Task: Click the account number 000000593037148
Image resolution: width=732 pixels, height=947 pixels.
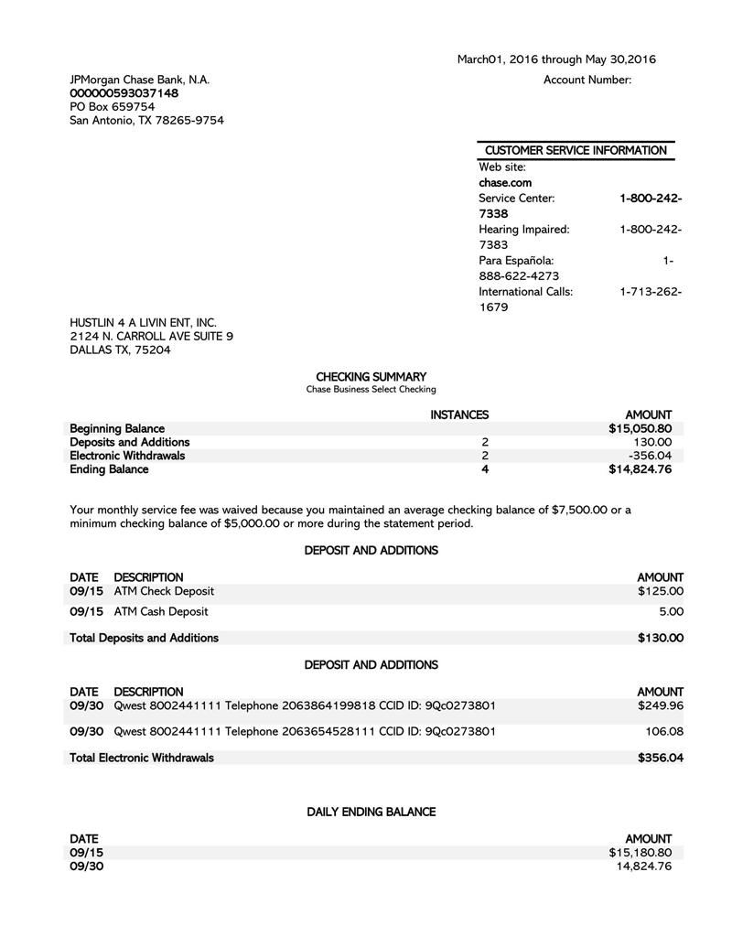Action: pyautogui.click(x=124, y=93)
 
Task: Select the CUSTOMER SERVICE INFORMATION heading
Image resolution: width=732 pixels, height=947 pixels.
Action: pyautogui.click(x=576, y=150)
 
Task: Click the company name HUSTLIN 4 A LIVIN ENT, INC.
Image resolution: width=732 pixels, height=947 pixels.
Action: pyautogui.click(x=143, y=322)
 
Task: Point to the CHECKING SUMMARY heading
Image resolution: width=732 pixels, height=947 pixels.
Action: pyautogui.click(x=371, y=377)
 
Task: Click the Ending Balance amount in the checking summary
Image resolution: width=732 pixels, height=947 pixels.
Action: pyautogui.click(x=640, y=469)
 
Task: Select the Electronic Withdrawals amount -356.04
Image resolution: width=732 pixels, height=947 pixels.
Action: pyautogui.click(x=650, y=456)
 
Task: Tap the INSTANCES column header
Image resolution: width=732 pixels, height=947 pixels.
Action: pyautogui.click(x=459, y=414)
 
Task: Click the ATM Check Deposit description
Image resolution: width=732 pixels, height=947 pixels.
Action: pyautogui.click(x=164, y=591)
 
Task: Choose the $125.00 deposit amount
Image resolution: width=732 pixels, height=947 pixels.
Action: pyautogui.click(x=660, y=591)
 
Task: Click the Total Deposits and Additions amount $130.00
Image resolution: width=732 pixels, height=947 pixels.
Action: pyautogui.click(x=660, y=638)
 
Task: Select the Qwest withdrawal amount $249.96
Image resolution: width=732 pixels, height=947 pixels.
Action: pyautogui.click(x=660, y=705)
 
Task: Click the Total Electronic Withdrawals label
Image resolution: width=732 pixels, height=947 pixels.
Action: pyautogui.click(x=142, y=758)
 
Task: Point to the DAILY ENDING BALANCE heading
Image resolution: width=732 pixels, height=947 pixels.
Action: pyautogui.click(x=371, y=812)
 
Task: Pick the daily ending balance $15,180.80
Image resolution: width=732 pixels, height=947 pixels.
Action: pyautogui.click(x=640, y=853)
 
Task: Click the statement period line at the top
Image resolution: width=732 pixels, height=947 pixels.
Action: pyautogui.click(x=556, y=60)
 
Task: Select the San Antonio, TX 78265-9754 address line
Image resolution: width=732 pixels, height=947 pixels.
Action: pyautogui.click(x=146, y=121)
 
